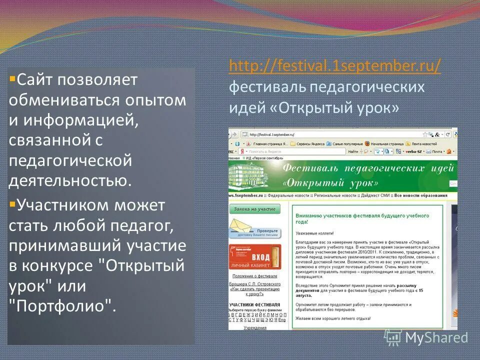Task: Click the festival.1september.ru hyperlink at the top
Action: (x=335, y=66)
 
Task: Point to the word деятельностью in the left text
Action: (x=70, y=180)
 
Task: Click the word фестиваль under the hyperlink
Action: (x=267, y=87)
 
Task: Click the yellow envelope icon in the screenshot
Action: (x=241, y=230)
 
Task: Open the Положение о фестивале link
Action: (x=255, y=276)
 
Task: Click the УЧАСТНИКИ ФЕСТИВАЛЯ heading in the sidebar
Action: (x=255, y=304)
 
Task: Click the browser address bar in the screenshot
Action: (x=330, y=134)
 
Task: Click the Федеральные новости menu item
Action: (x=288, y=195)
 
